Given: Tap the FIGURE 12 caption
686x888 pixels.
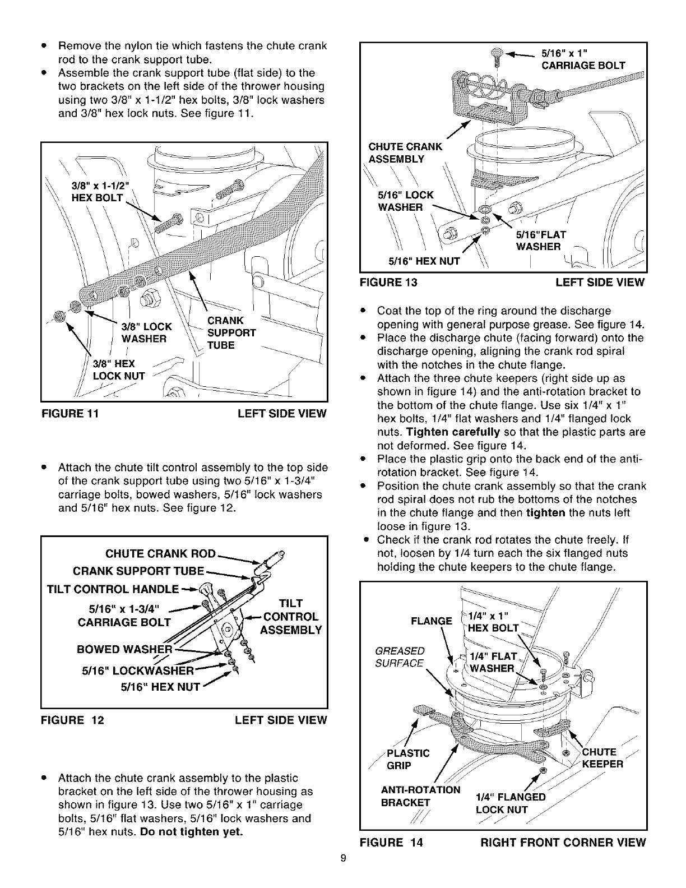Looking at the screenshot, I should (72, 720).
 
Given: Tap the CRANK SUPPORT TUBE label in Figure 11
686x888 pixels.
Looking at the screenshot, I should (231, 332).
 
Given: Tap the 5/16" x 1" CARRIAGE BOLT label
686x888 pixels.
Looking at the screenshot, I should (583, 59).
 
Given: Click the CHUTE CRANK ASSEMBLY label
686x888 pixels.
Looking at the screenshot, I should (405, 152).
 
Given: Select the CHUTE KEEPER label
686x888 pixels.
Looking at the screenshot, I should (602, 758).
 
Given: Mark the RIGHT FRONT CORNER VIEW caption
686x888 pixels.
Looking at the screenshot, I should (563, 843).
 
